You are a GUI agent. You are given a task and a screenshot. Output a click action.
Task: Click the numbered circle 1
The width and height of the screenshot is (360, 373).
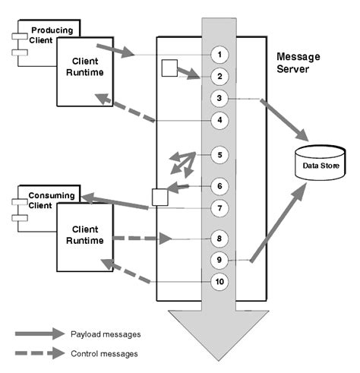tap(219, 54)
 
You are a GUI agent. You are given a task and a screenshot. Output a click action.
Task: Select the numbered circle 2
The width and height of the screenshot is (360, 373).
tap(219, 76)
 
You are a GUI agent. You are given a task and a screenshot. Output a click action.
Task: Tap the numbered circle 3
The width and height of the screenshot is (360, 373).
tap(219, 98)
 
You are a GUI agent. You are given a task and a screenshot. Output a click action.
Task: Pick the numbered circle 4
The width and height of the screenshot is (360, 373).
tap(219, 120)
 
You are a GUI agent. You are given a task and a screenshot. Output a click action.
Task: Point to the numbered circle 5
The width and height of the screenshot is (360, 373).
tap(219, 155)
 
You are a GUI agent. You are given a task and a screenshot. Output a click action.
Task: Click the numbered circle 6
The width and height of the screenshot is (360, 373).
tap(219, 185)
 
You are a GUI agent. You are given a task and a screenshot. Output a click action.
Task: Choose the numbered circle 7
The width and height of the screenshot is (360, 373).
tap(219, 207)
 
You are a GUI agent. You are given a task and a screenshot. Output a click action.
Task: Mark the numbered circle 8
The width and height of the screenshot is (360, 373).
tap(219, 239)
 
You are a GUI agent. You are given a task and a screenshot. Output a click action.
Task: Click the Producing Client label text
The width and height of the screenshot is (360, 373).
tap(50, 35)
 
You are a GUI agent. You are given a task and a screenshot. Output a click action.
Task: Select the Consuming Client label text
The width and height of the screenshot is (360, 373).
tap(51, 200)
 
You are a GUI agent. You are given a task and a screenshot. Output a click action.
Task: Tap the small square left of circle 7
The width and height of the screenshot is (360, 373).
tap(159, 198)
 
